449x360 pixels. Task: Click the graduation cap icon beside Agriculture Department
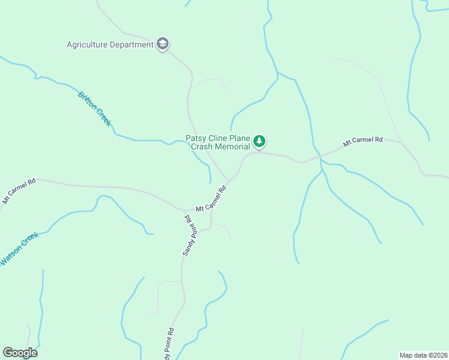click(x=162, y=44)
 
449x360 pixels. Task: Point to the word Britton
click(x=88, y=101)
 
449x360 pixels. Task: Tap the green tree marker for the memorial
click(x=259, y=142)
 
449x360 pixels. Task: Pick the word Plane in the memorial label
click(x=241, y=138)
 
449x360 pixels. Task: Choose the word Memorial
click(x=233, y=147)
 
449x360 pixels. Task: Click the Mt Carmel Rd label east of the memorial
click(x=363, y=142)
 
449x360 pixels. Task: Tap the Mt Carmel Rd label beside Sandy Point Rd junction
click(x=211, y=199)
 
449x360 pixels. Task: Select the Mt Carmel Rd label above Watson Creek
click(x=20, y=190)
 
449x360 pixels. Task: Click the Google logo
click(x=20, y=353)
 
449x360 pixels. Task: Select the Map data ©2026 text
click(x=423, y=355)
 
